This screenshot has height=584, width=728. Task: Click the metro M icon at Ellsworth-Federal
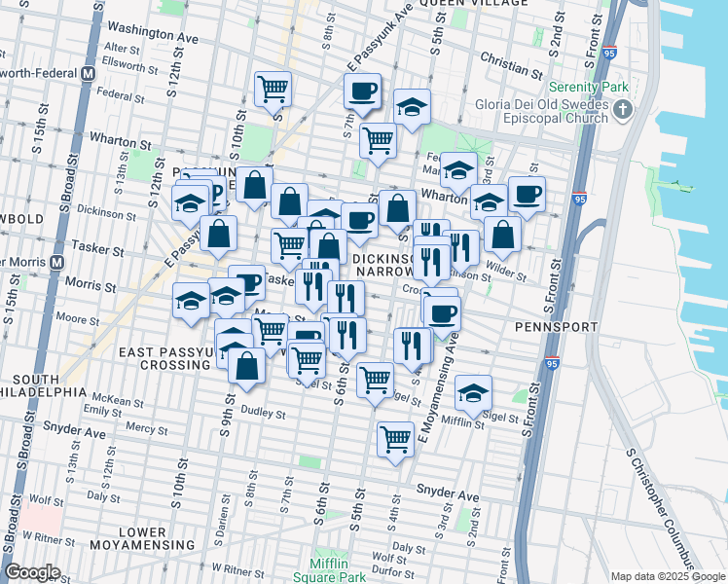tap(89, 73)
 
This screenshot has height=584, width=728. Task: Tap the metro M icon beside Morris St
tap(57, 263)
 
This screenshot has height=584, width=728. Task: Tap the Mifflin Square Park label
tap(337, 570)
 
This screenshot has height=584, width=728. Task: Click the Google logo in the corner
tap(32, 572)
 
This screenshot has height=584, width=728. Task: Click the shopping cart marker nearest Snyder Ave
tap(395, 440)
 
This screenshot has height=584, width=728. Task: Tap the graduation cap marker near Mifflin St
tap(474, 392)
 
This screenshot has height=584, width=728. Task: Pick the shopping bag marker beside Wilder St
tap(502, 235)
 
